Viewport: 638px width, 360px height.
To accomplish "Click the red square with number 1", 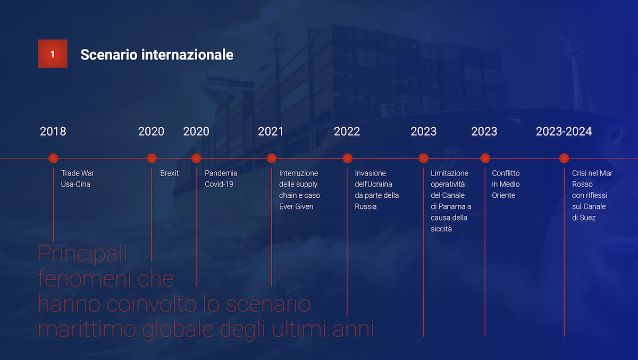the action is (53, 54).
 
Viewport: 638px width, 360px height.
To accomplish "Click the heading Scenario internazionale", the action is (157, 54).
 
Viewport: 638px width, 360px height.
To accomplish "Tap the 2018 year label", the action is (53, 131).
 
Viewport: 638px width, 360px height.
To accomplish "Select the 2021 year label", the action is (271, 131).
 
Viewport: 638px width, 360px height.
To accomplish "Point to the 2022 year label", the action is (347, 131).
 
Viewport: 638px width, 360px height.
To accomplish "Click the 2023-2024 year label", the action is (564, 131).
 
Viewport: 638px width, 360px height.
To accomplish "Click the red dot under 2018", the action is (53, 158).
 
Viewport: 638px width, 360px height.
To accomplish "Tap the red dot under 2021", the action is (272, 158).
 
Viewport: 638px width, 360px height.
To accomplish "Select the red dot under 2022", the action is (347, 158).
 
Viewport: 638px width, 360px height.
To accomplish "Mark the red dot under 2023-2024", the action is (564, 158).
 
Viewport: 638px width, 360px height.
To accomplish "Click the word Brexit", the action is (169, 173).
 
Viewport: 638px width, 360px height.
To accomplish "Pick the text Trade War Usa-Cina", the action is (78, 179).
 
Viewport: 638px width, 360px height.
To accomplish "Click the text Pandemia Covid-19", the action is (221, 179).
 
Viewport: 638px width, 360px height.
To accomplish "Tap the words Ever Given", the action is (296, 206).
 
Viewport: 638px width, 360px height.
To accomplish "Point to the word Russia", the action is (366, 206).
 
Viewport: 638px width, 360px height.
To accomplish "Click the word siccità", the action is (441, 229).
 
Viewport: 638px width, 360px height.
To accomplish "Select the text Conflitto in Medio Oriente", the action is (506, 185).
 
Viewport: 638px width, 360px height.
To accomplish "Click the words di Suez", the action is (584, 217).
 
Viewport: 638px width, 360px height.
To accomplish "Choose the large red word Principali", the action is (82, 254).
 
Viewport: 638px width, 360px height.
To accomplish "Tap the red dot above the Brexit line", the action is (152, 158).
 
